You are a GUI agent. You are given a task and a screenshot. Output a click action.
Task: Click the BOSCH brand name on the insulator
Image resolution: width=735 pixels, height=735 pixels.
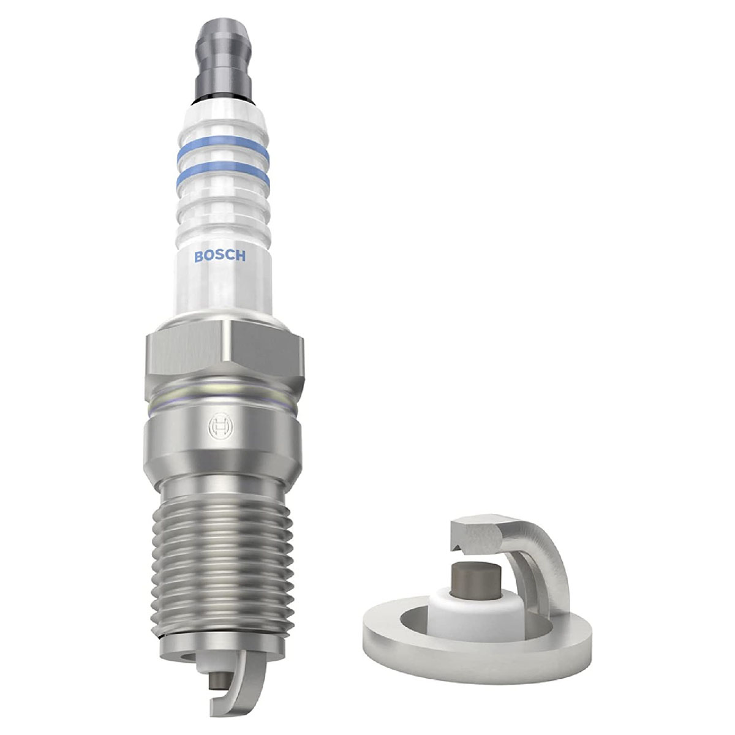220,256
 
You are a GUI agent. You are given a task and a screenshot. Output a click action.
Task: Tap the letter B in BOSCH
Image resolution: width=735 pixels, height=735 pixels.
198,257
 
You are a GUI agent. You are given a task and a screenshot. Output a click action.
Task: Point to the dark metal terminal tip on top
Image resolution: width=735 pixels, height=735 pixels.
223,61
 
